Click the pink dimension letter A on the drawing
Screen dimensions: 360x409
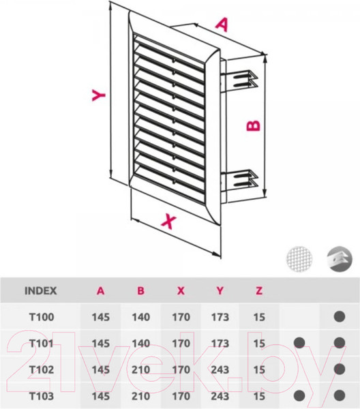(222, 25)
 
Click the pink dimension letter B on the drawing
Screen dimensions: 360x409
(254, 125)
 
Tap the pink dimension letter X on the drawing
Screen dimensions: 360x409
(169, 221)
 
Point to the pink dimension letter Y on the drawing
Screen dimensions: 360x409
(99, 95)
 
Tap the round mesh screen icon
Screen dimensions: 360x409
(299, 259)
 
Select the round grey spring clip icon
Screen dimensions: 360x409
(340, 259)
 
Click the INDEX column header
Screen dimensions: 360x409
(40, 290)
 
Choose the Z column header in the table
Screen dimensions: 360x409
(259, 290)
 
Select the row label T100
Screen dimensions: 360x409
(42, 317)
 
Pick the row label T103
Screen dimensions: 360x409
(42, 396)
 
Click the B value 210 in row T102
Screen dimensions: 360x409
(141, 369)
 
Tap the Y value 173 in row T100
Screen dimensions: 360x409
(220, 317)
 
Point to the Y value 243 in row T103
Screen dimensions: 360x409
(220, 396)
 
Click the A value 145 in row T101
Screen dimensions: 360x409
(101, 344)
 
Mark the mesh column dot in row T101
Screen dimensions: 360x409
(299, 343)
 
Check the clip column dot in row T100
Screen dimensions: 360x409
(340, 317)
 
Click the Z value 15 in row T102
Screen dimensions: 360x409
(259, 369)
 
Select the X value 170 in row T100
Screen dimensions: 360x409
(181, 317)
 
